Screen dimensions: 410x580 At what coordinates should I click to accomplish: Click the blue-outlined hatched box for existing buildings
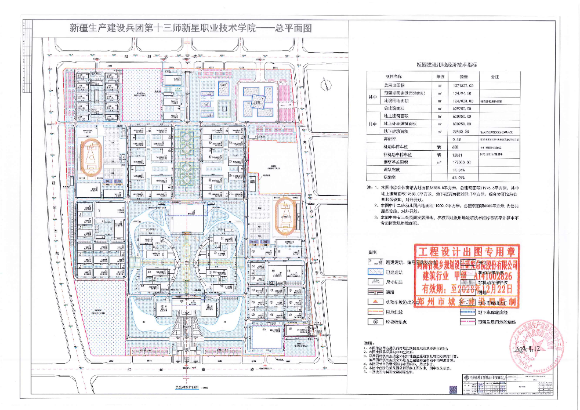(375, 272)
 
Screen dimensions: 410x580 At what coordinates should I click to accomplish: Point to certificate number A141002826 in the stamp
(495, 275)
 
